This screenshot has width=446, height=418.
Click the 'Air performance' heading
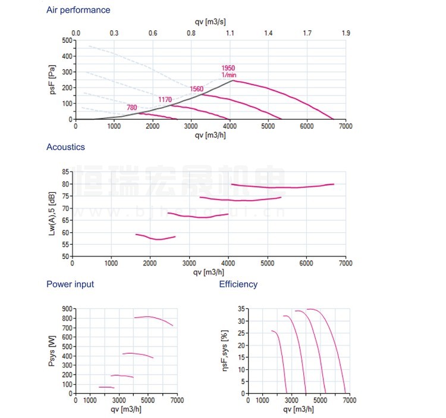[78, 10]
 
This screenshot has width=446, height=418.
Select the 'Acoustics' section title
[65, 147]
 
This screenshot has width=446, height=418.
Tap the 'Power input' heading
[70, 284]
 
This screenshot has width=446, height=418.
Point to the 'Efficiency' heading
[238, 284]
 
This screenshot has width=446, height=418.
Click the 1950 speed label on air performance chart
[228, 68]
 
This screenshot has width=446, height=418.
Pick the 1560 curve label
[196, 89]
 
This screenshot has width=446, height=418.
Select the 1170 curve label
[165, 99]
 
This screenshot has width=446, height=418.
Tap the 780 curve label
[132, 108]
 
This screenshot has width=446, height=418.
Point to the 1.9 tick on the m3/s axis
[346, 33]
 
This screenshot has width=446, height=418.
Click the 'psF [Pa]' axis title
[52, 80]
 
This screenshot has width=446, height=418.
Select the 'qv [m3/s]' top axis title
[210, 22]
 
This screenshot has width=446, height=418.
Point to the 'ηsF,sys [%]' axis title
[225, 351]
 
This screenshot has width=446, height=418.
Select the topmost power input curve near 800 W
[149, 317]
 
